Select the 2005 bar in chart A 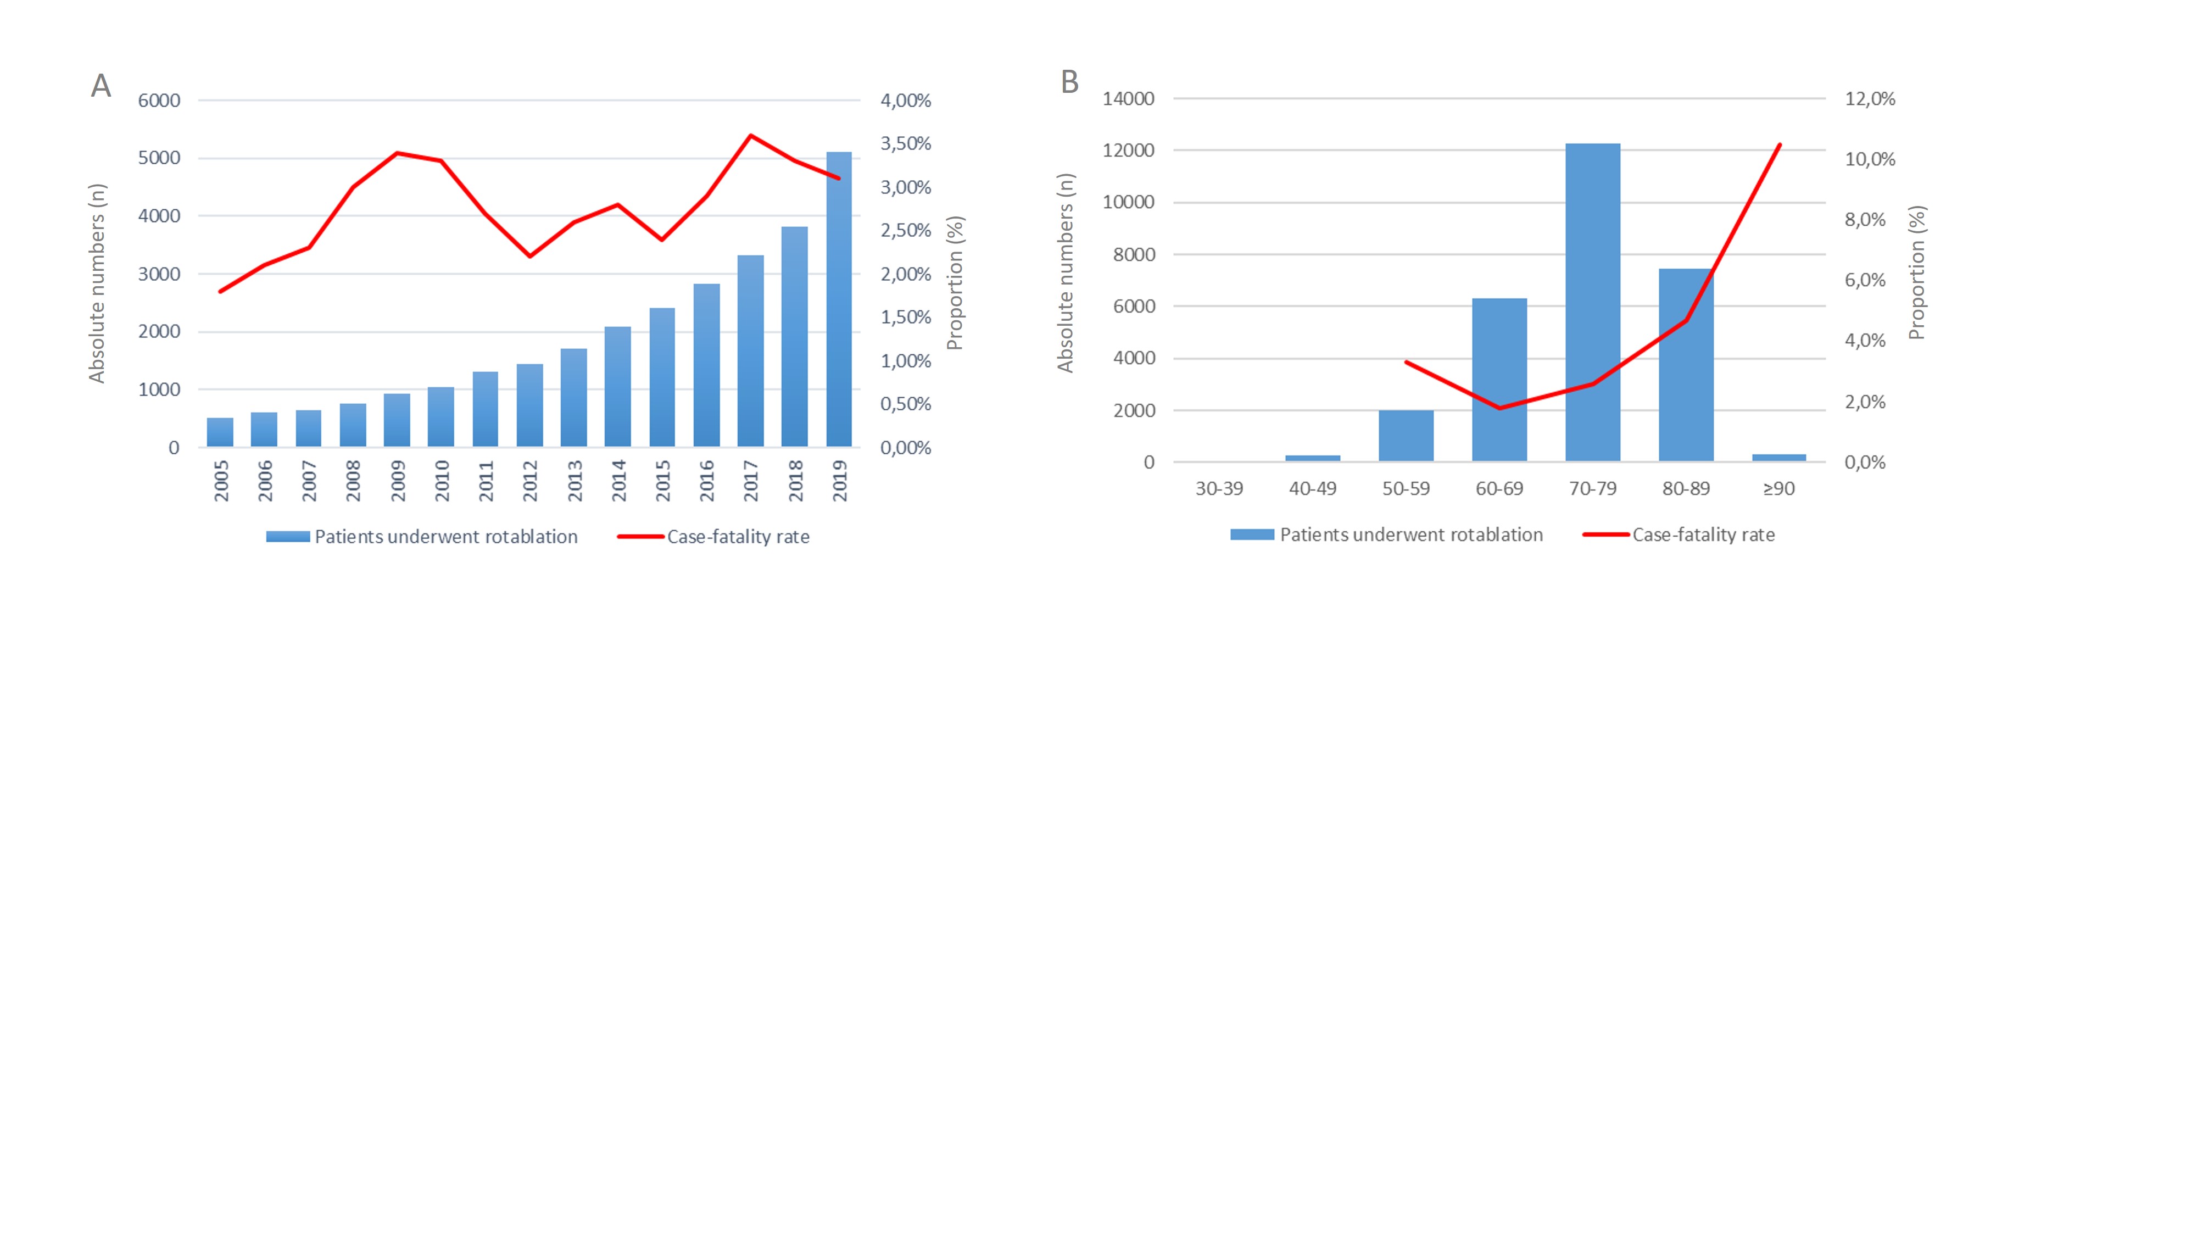point(220,432)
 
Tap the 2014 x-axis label point(618,480)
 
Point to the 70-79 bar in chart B point(1592,303)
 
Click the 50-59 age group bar point(1406,436)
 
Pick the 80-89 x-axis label point(1685,489)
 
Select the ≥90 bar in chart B point(1779,458)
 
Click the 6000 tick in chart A point(159,101)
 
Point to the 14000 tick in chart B point(1128,99)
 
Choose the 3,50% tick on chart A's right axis point(906,144)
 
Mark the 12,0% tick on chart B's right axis point(1870,99)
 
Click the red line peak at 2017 point(750,136)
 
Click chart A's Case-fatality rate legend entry point(738,537)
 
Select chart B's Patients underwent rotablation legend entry point(1410,535)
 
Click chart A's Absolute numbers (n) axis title point(97,283)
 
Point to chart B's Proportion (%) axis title point(1916,273)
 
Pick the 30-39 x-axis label point(1219,489)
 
